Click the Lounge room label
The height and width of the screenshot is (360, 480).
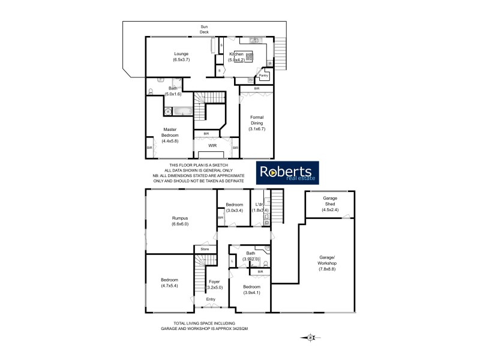coord(181,53)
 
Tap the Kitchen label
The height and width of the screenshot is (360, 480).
coord(236,54)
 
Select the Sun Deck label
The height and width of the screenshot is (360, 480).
coord(204,29)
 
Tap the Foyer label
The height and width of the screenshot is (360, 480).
coord(214,281)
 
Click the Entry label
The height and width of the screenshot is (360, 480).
coord(211,299)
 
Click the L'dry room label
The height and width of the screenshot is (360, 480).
coord(259,205)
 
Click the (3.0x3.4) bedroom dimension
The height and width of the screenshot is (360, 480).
coord(234,211)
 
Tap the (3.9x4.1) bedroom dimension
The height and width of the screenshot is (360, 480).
coord(251,293)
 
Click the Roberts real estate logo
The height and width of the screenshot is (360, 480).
coord(289,172)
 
